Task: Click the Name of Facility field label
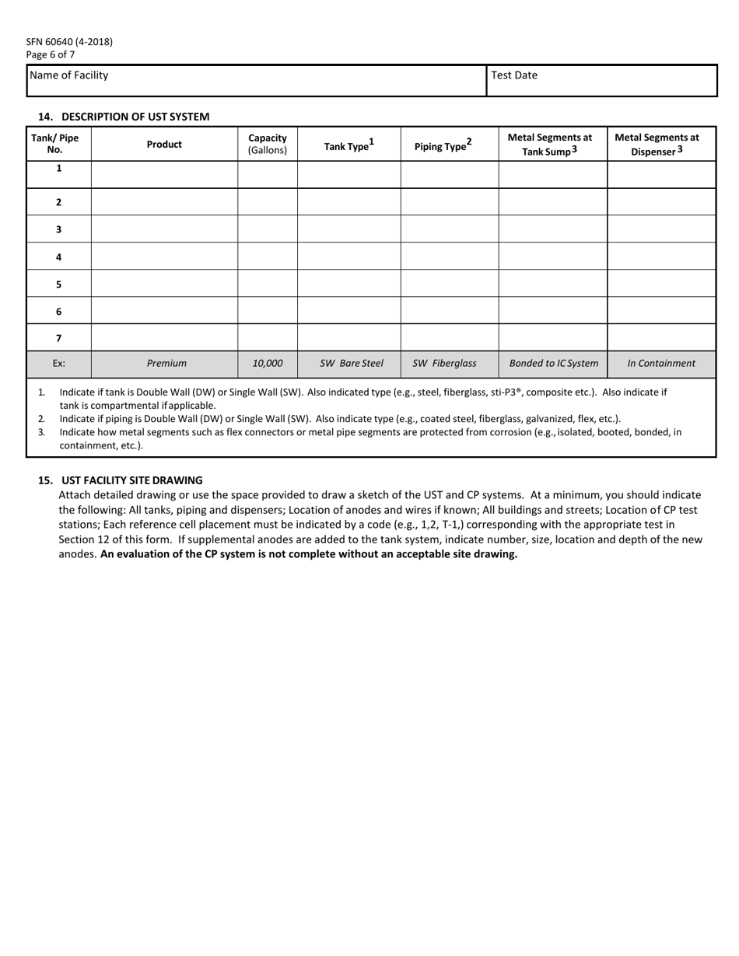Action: click(x=68, y=75)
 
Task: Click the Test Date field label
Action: click(x=514, y=75)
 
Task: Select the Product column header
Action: click(x=164, y=144)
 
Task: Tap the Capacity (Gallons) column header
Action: click(x=268, y=144)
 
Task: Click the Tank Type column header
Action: click(x=348, y=145)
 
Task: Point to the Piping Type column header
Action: click(x=443, y=145)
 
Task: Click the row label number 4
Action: click(x=58, y=256)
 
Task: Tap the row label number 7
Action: click(x=58, y=338)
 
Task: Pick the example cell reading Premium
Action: click(x=166, y=363)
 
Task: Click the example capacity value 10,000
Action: click(x=268, y=363)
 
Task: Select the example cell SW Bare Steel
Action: click(x=352, y=363)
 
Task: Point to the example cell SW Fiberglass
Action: click(x=444, y=363)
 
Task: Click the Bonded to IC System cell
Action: click(x=553, y=363)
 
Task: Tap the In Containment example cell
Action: click(x=661, y=363)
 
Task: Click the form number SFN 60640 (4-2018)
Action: click(x=69, y=42)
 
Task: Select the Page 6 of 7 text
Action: click(x=51, y=54)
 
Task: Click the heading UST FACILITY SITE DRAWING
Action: click(x=131, y=480)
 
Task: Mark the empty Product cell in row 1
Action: click(x=164, y=174)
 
